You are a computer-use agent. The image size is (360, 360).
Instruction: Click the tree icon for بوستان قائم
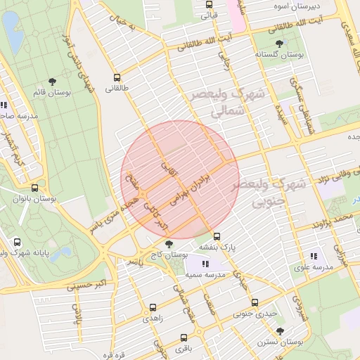[52, 82]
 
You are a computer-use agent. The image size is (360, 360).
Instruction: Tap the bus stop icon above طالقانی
[116, 78]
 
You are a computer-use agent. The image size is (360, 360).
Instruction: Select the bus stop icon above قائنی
[209, 4]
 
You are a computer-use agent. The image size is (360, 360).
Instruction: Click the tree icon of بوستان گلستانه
[280, 44]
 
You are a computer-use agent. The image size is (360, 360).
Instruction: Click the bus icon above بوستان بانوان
[35, 188]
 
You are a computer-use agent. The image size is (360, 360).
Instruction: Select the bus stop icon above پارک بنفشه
[217, 237]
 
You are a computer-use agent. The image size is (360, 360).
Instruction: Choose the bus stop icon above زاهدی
[153, 308]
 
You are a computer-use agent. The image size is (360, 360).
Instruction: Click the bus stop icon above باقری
[184, 337]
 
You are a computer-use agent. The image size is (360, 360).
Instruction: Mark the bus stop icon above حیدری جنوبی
[255, 303]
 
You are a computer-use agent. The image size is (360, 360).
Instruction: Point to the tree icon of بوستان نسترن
[280, 330]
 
